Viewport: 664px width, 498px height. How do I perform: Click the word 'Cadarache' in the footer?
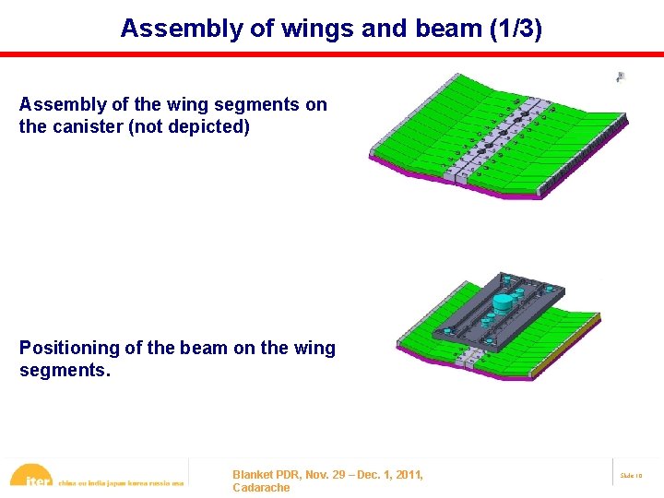[261, 487]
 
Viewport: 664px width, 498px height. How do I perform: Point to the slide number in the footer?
[631, 475]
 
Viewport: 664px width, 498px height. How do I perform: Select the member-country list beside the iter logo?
[121, 481]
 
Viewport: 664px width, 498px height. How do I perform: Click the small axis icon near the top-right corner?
[621, 77]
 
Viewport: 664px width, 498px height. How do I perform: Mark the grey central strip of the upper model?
[499, 138]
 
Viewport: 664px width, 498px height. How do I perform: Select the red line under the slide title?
[332, 54]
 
